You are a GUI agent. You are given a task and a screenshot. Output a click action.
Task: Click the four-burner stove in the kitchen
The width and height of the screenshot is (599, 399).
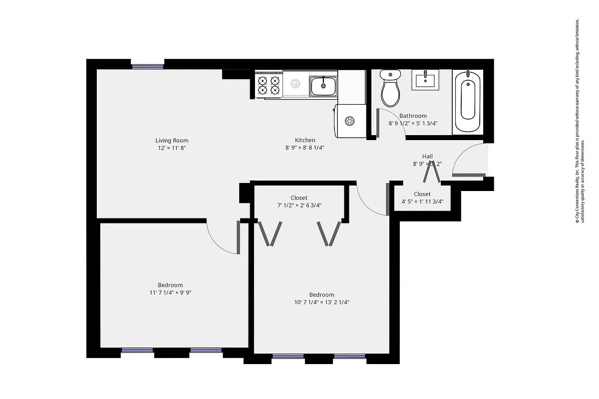click(x=269, y=85)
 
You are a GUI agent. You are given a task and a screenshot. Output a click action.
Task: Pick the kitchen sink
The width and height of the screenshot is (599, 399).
click(x=323, y=86)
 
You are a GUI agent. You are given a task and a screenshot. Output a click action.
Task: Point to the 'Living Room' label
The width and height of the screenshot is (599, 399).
click(x=172, y=141)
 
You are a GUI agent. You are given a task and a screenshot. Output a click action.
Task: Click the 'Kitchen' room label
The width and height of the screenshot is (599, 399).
click(x=305, y=141)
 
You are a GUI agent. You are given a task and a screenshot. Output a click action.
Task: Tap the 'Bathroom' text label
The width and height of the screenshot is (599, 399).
click(x=413, y=116)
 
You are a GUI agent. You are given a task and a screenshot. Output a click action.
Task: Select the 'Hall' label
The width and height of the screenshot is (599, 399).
click(x=427, y=156)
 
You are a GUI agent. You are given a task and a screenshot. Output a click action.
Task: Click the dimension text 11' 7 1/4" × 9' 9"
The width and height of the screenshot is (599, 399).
click(x=170, y=293)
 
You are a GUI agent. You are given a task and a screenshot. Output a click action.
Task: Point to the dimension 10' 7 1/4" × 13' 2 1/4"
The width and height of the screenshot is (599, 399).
click(x=321, y=302)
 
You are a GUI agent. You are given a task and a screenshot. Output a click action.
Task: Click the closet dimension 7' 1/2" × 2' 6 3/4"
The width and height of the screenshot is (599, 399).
click(x=299, y=205)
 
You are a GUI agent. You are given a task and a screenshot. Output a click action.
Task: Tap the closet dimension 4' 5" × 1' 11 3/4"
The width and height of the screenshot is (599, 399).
click(x=422, y=202)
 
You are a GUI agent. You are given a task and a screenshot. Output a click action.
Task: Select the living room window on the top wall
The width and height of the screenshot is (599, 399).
click(x=147, y=65)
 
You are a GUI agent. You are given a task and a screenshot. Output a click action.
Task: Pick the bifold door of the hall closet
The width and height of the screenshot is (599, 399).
click(x=432, y=172)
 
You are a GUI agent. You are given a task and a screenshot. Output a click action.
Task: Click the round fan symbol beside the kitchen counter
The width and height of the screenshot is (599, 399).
click(x=350, y=121)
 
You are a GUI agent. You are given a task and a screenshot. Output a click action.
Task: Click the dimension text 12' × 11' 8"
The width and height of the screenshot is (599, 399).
click(x=172, y=148)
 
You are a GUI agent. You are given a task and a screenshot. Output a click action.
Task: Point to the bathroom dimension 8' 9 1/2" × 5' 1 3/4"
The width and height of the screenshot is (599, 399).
click(x=413, y=124)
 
